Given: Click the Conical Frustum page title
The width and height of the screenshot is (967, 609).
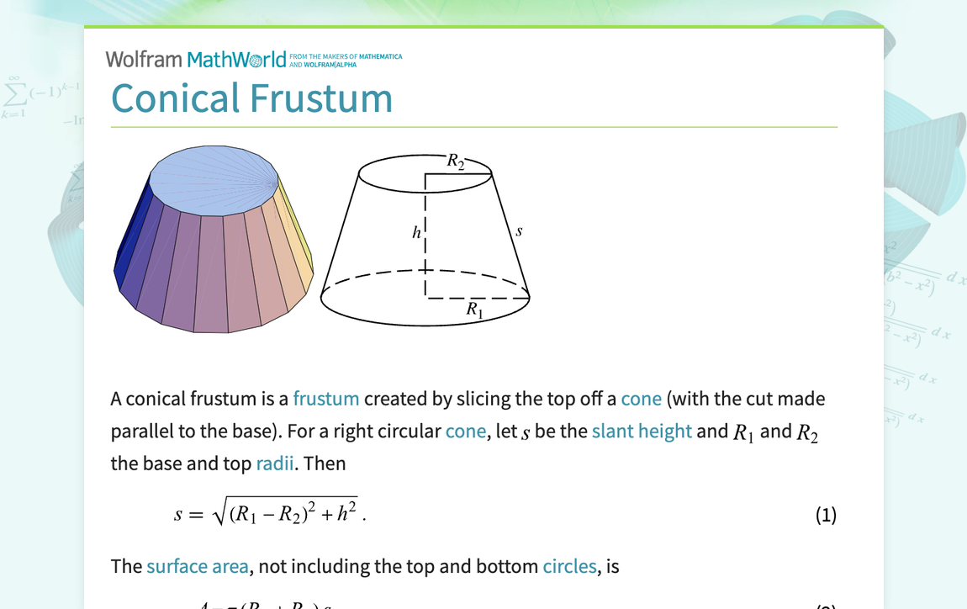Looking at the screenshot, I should click(251, 98).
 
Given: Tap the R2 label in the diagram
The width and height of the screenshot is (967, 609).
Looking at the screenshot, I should click(455, 161).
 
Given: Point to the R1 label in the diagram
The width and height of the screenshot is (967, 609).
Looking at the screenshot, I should click(475, 310).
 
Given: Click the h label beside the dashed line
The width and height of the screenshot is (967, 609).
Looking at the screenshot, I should click(416, 233).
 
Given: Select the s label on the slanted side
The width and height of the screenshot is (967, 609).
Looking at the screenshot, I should click(519, 230).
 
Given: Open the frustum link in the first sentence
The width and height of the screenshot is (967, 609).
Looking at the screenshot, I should click(325, 398).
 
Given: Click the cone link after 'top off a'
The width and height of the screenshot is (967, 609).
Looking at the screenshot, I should click(641, 398).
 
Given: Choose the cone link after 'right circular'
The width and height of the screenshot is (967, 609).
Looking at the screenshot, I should click(466, 431).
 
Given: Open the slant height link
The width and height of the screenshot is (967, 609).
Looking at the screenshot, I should click(642, 431).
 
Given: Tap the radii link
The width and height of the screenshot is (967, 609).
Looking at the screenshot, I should click(274, 463).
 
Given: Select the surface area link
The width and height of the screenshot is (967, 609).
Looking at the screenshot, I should click(197, 566).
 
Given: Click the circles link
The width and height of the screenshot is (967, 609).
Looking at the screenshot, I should click(569, 566).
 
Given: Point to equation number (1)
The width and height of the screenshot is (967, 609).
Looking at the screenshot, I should click(826, 515).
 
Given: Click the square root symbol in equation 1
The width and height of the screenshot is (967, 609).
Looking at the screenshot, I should click(221, 513).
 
